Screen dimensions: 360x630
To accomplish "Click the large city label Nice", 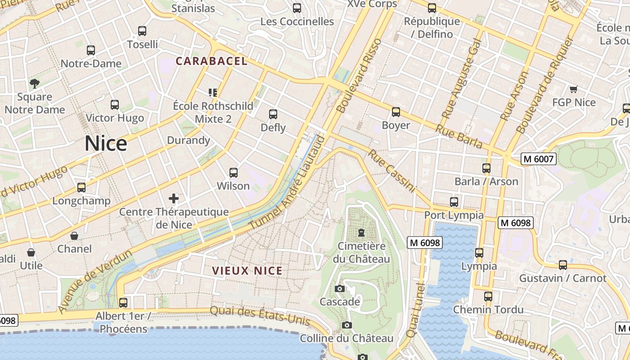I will (106, 144).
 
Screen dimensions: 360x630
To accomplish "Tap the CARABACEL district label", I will (211, 61).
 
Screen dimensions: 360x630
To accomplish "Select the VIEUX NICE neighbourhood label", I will (247, 270).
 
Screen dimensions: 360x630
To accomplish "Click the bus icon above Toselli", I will (142, 31).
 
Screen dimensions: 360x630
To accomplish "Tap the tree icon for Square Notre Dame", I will (34, 83).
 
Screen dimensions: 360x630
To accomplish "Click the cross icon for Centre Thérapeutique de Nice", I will (174, 198).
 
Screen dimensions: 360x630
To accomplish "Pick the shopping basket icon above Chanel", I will (74, 236).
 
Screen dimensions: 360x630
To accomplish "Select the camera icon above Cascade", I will (340, 288).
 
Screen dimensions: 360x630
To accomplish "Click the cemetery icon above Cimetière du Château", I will (361, 233).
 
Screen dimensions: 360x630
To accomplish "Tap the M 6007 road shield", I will (539, 158).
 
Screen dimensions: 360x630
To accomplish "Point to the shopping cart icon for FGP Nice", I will (573, 89).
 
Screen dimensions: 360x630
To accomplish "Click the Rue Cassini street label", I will (392, 171).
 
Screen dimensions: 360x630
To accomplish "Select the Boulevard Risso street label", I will (359, 76).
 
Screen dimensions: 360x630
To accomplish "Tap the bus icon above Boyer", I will (396, 112).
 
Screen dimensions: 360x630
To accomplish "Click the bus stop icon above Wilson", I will (233, 172).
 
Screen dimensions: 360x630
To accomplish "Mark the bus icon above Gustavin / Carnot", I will (562, 265).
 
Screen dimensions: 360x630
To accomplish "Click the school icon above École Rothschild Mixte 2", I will (213, 93).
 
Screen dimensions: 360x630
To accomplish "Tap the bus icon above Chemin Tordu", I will (488, 296).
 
